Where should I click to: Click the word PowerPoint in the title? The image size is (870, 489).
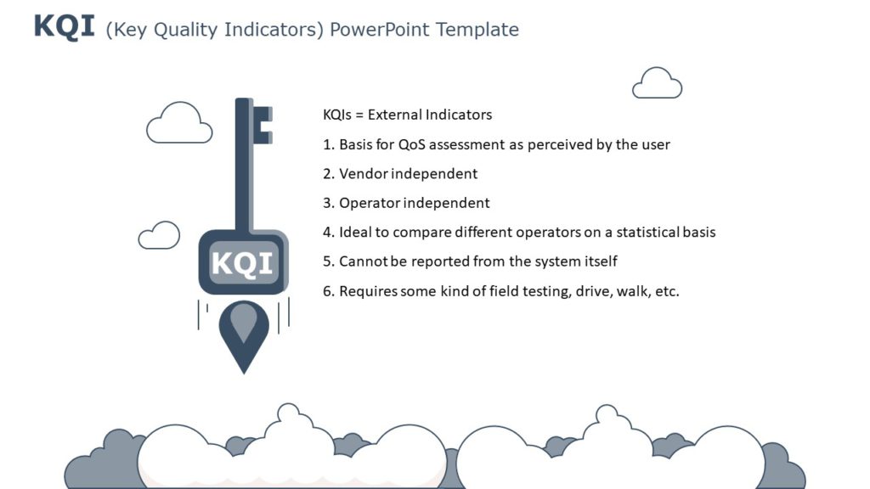click(x=379, y=30)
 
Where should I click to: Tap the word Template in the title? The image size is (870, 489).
click(x=477, y=30)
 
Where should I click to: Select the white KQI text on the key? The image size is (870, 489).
click(x=243, y=263)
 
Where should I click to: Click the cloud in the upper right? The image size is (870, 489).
click(x=657, y=84)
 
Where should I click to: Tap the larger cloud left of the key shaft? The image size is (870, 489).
click(x=179, y=124)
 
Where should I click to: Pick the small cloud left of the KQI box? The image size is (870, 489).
click(x=159, y=236)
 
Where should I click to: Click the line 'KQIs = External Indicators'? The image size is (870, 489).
click(x=407, y=115)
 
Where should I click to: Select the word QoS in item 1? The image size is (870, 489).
click(x=415, y=144)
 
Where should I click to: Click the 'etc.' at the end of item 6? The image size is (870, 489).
click(x=666, y=291)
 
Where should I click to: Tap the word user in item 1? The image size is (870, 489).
click(x=655, y=144)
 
